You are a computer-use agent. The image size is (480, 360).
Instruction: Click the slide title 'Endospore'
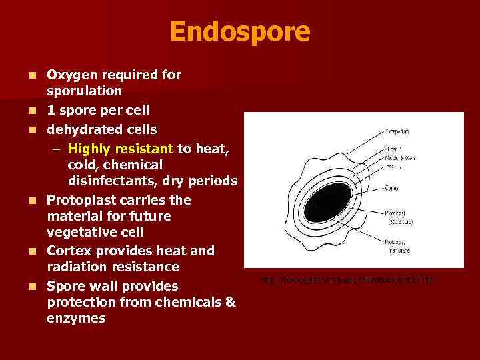[239, 31]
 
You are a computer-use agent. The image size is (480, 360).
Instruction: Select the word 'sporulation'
[83, 91]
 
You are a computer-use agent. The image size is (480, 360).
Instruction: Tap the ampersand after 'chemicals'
[231, 302]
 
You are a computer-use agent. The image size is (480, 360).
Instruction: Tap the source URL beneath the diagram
[347, 279]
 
